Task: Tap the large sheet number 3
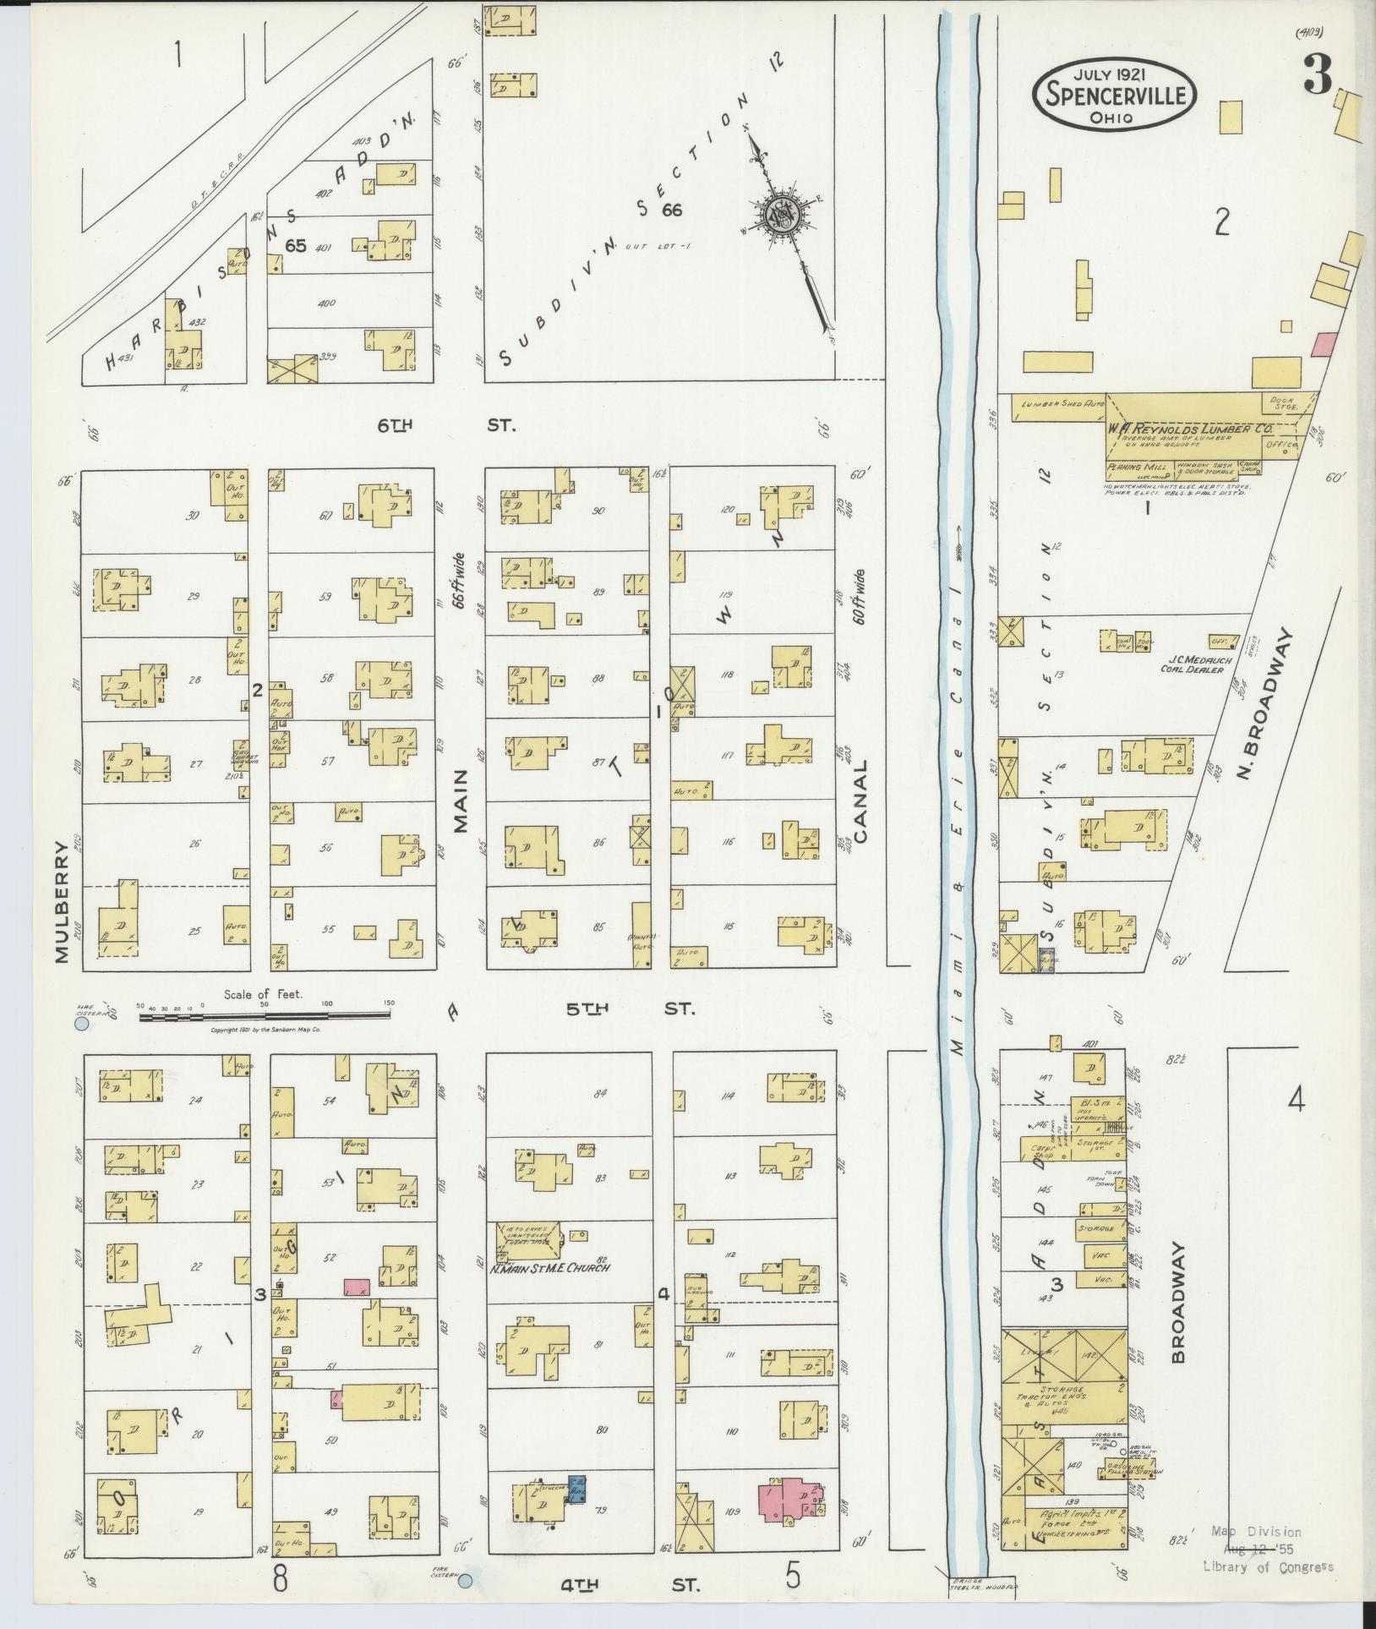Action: pyautogui.click(x=1318, y=74)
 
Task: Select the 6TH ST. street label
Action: pyautogui.click(x=444, y=425)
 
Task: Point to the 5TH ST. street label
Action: pyautogui.click(x=630, y=1009)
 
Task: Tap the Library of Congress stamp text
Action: pyautogui.click(x=1268, y=1566)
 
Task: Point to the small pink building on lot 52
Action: pyautogui.click(x=357, y=1310)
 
